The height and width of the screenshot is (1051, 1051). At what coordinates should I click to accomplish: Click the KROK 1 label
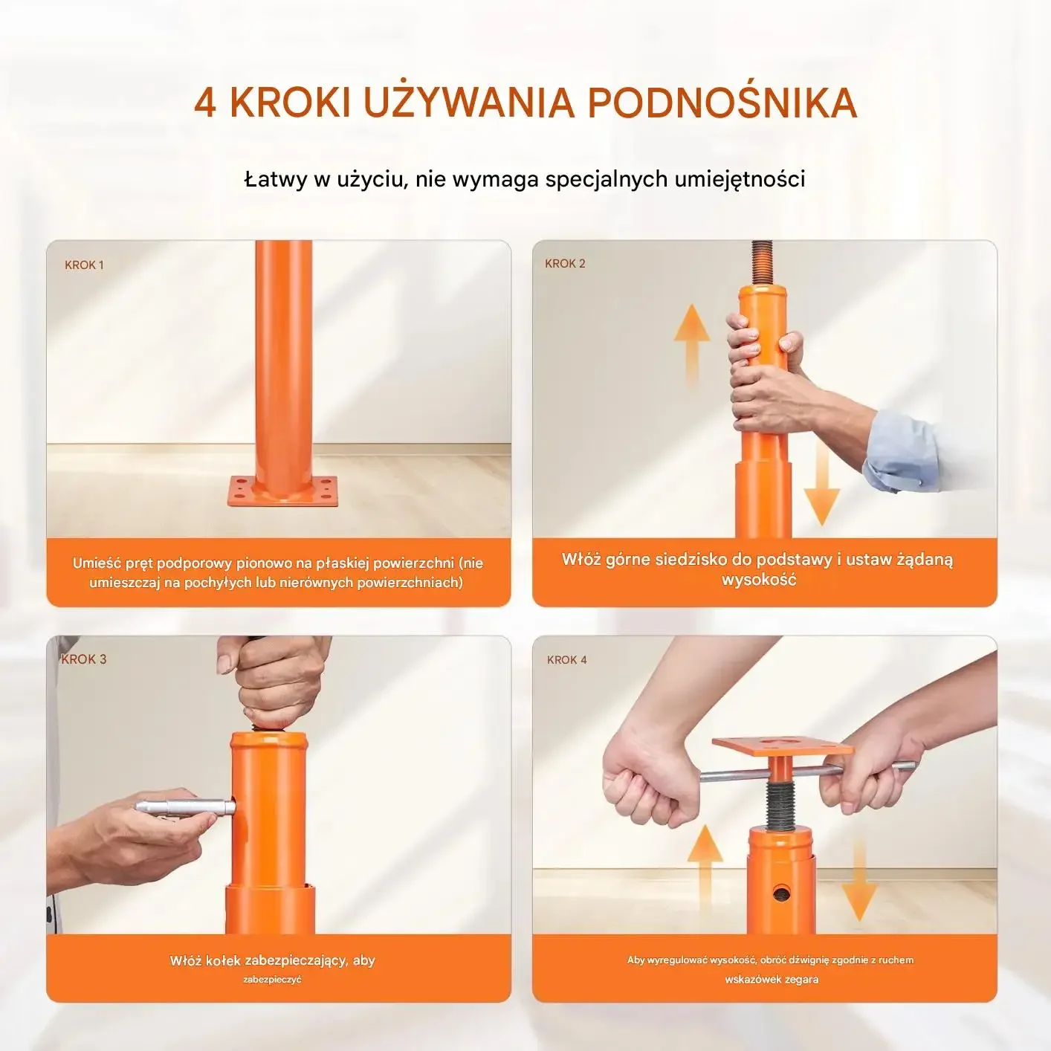[84, 265]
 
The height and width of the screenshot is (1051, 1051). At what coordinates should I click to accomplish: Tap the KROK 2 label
[565, 263]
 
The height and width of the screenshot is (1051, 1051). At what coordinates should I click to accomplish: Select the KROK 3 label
[84, 659]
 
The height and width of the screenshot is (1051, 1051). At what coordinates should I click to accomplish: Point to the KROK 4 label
[567, 660]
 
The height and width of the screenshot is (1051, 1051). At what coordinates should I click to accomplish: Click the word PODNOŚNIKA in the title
[722, 103]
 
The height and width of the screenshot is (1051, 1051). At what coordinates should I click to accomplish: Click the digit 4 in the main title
[205, 103]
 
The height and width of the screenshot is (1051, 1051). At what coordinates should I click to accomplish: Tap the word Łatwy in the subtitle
[276, 179]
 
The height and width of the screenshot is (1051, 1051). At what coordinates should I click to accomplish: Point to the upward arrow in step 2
[691, 346]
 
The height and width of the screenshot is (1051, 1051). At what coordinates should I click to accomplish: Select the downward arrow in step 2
[821, 482]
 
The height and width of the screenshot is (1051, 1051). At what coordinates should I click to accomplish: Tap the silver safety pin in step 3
[186, 807]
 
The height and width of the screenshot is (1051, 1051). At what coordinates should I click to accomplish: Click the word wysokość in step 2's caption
[759, 580]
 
